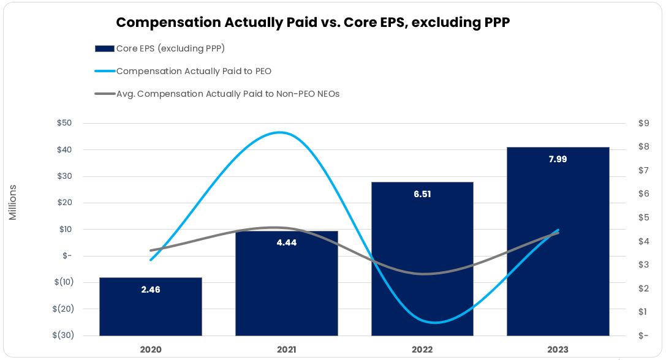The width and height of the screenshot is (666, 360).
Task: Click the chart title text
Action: [312, 23]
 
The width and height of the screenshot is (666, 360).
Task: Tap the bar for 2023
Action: [558, 245]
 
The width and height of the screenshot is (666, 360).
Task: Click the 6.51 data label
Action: [422, 194]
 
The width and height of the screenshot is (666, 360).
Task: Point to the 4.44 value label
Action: [286, 242]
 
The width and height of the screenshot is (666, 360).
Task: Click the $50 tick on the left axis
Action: [64, 123]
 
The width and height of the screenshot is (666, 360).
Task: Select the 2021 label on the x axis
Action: [286, 350]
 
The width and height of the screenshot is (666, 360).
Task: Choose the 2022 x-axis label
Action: [422, 350]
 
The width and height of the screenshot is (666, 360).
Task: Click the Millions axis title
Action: [13, 202]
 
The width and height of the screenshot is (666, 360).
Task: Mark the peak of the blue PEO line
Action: [280, 132]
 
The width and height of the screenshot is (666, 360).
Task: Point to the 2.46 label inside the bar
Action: [151, 290]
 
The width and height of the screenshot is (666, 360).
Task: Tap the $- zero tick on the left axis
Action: [67, 256]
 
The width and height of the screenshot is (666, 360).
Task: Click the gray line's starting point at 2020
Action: [151, 250]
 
